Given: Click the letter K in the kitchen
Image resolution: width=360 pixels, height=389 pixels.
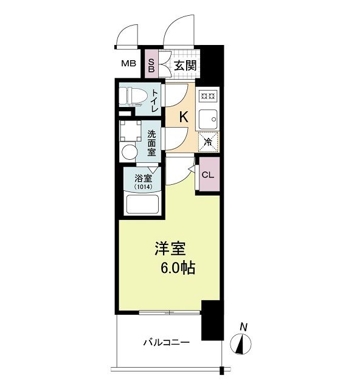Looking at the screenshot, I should click(182, 117).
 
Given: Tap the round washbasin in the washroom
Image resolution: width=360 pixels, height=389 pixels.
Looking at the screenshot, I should click(129, 151).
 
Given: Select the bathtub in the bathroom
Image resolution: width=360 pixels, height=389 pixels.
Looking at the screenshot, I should click(141, 205).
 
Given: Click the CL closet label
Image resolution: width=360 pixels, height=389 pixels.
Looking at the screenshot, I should click(207, 175).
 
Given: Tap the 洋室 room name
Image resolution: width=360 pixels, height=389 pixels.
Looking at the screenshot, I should click(170, 249).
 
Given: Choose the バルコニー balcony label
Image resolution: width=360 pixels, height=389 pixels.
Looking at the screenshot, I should click(166, 343).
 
